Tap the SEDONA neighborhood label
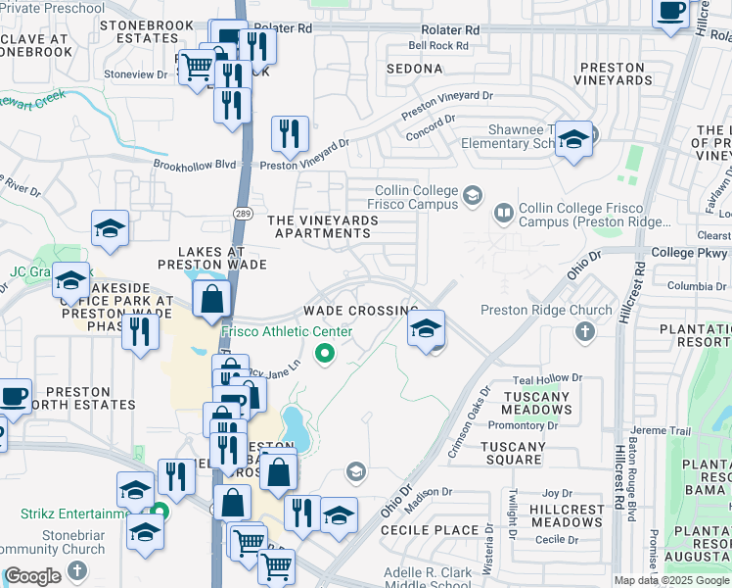414,70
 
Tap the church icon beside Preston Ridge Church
585,331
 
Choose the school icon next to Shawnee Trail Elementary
574,139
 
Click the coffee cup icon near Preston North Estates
14,395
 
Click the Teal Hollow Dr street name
547,377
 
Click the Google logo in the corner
32,576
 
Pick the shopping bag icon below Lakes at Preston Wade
211,299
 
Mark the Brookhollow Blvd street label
195,165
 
